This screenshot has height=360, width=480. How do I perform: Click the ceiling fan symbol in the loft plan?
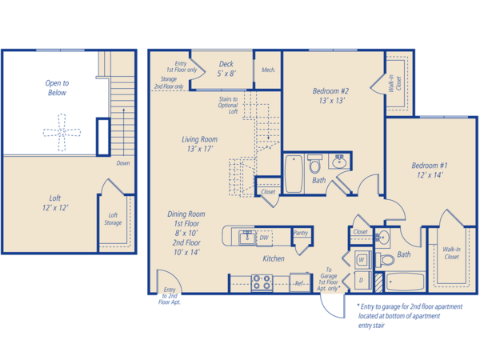coord(62,132)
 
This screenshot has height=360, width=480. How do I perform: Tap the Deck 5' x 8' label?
coord(226,69)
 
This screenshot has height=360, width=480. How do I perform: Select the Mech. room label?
coord(268,70)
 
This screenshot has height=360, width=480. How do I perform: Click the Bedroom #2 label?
coord(331,95)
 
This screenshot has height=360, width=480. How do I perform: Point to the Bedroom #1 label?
coord(430,170)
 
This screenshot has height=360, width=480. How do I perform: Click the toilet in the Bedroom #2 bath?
coord(314,164)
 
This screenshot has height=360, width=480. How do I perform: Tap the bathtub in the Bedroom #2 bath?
coord(294,174)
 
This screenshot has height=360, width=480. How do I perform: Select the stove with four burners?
coord(262,282)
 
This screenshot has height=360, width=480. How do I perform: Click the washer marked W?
coord(362,260)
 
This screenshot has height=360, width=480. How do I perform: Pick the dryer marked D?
coord(362,281)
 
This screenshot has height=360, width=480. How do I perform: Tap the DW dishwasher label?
coord(264,238)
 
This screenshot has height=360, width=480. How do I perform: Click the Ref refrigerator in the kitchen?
coord(300,283)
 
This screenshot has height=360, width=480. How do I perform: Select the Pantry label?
coord(301,233)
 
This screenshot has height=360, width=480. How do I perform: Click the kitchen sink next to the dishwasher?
coord(247,238)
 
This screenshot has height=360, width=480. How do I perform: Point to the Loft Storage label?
coord(113,219)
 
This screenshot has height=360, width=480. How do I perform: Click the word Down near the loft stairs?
coord(123,163)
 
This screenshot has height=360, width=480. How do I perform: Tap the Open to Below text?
coord(57,88)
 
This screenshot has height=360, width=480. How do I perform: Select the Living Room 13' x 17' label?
coord(199,144)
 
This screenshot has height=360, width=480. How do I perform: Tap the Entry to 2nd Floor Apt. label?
coord(170,296)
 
